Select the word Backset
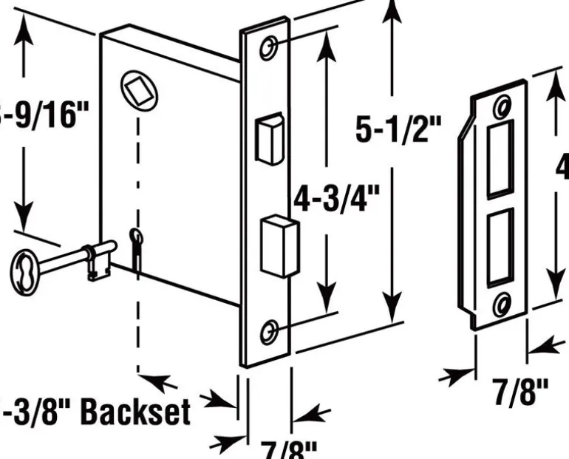pos(134,412)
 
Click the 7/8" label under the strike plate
pos(522,391)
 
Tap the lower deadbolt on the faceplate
pos(279,244)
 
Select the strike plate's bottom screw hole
pos(502,301)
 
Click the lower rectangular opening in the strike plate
pos(500,243)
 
